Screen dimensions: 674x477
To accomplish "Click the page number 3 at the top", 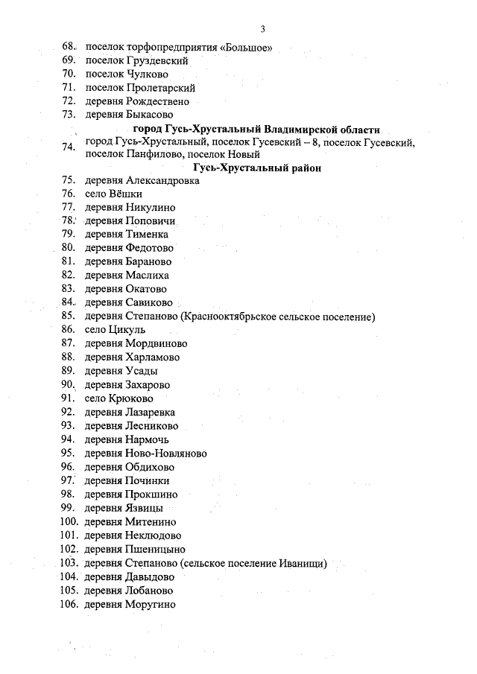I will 263,29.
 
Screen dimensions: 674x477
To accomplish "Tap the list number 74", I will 69,147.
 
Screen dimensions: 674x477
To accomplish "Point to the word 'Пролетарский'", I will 160,88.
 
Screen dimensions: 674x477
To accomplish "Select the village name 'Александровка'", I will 162,181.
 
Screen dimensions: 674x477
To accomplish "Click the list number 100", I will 69,521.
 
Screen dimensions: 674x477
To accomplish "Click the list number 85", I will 69,317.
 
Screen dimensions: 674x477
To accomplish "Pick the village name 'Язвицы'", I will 145,508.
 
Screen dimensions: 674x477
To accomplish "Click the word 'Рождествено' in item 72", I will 157,101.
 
